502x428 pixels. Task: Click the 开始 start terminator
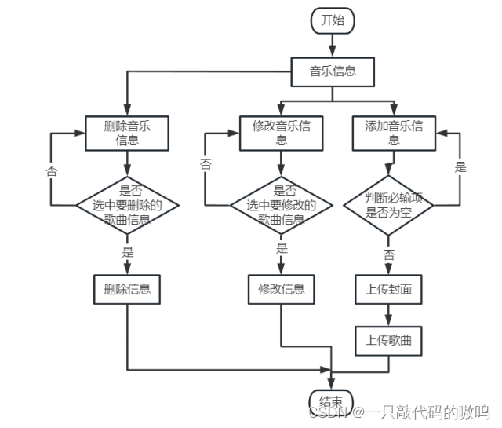[x=333, y=21]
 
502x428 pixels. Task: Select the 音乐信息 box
[x=333, y=71]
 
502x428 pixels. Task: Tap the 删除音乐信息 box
[x=127, y=133]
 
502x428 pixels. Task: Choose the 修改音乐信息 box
[x=281, y=133]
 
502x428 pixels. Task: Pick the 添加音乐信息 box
[x=394, y=133]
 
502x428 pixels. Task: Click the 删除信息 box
[x=127, y=289]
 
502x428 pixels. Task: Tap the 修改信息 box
[x=281, y=289]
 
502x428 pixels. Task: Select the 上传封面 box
[x=388, y=289]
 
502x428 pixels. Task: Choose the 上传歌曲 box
[x=388, y=340]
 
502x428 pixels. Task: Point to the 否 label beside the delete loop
[x=51, y=169]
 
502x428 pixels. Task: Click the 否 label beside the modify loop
[x=206, y=164]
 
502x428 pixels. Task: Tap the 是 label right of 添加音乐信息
[x=460, y=166]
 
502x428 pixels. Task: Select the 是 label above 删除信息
[x=127, y=252]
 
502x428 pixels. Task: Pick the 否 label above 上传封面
[x=388, y=254]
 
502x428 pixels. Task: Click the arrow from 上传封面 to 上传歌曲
[x=388, y=315]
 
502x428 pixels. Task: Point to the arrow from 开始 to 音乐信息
[x=333, y=46]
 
